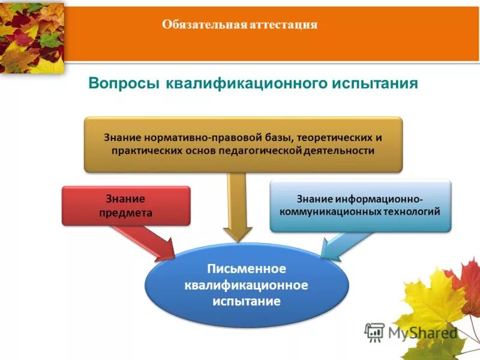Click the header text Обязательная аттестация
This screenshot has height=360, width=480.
[x=239, y=25]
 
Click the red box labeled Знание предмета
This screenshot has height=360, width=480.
[x=126, y=205]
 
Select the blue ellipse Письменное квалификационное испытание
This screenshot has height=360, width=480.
[x=247, y=286]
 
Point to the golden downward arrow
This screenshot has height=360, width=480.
[x=238, y=207]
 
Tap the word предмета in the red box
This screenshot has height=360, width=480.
[x=125, y=212]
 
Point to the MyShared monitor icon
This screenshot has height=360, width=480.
[x=374, y=332]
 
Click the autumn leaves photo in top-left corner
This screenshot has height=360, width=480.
[x=31, y=36]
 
